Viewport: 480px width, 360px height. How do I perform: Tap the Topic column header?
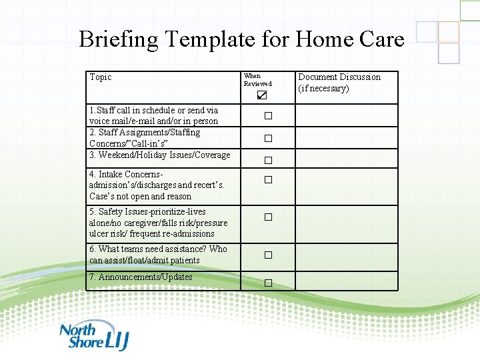[x=101, y=77]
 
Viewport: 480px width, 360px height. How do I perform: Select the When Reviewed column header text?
[x=257, y=80]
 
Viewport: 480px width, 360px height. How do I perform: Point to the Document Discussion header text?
[x=339, y=83]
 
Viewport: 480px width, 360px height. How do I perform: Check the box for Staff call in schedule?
[x=268, y=116]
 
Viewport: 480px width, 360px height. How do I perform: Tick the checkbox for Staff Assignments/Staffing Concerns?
[x=268, y=139]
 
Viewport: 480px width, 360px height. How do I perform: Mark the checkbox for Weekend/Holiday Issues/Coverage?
[x=268, y=161]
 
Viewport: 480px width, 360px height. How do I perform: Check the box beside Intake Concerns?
[x=268, y=180]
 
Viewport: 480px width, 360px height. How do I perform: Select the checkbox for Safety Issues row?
[x=268, y=217]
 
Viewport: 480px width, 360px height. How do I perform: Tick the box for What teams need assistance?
[x=268, y=255]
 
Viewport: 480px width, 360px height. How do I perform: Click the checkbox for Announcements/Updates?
[x=268, y=283]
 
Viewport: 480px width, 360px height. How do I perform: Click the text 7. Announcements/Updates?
[x=141, y=277]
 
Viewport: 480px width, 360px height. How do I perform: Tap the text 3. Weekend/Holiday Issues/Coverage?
[x=159, y=155]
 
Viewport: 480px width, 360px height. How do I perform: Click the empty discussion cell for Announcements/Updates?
[x=346, y=281]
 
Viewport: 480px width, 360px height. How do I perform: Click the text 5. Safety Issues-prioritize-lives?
[x=149, y=212]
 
